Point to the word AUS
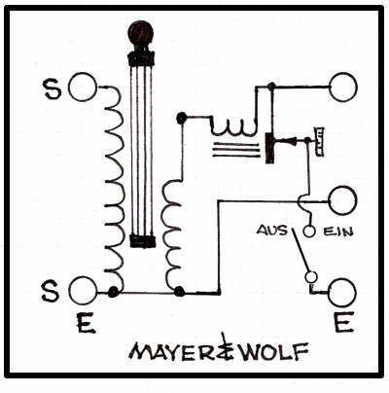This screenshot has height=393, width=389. click(x=272, y=231)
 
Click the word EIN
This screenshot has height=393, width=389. click(x=337, y=232)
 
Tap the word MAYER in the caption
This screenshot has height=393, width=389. click(x=173, y=352)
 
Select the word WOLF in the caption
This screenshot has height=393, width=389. click(x=274, y=352)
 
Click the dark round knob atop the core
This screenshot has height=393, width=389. click(x=140, y=33)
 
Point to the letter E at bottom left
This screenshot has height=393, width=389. click(x=86, y=324)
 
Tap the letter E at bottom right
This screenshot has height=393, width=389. click(x=343, y=323)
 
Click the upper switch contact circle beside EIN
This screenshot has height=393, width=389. click(x=309, y=232)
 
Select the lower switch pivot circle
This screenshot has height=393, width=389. click(x=311, y=277)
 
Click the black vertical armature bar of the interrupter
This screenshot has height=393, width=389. click(x=269, y=148)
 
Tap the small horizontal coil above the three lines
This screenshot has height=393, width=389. click(x=233, y=127)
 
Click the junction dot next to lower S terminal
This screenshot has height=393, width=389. click(x=113, y=292)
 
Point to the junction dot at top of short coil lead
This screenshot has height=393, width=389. click(x=182, y=118)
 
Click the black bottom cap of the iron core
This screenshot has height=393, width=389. click(x=142, y=241)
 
